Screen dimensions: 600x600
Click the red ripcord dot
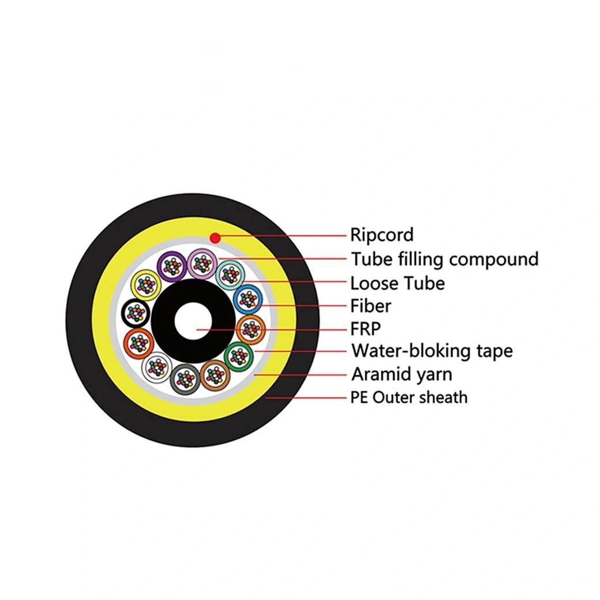[215, 238]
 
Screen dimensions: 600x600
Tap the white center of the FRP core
[193, 321]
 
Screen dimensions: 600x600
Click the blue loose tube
[248, 299]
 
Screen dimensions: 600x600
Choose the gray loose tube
[185, 379]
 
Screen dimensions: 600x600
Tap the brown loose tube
[215, 375]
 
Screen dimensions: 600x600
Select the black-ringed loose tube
[136, 313]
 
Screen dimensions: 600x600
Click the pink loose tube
[202, 263]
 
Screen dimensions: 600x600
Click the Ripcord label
[382, 235]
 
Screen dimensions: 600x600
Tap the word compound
[494, 260]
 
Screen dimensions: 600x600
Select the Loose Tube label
[397, 283]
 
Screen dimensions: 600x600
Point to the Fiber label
[370, 306]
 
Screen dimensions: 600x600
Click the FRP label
[365, 328]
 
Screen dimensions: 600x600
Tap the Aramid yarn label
[402, 374]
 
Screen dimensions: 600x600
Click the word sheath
[443, 397]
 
